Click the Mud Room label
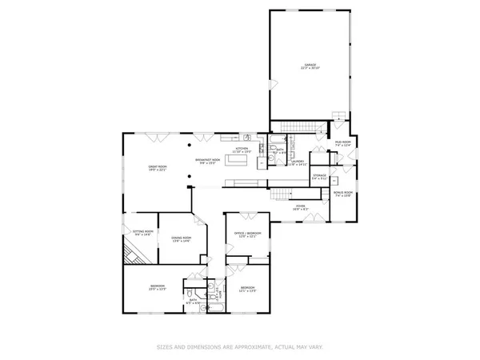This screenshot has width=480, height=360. [x=343, y=143]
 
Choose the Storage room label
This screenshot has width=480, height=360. [x=319, y=176]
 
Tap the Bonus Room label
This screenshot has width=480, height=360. [x=342, y=194]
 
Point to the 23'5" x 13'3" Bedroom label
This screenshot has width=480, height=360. [x=157, y=287]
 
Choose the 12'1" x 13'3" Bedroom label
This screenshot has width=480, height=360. [x=248, y=289]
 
